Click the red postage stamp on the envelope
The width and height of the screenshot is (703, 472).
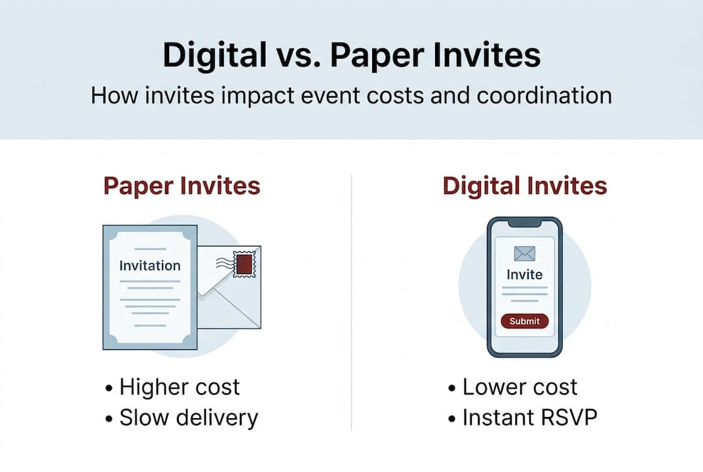(244, 264)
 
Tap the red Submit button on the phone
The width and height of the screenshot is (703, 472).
(525, 321)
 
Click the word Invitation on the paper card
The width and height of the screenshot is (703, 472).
(150, 265)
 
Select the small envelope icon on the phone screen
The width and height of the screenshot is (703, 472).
(525, 254)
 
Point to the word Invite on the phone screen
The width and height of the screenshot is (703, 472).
(525, 274)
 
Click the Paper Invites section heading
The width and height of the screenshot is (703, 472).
(181, 186)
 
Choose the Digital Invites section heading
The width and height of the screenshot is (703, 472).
(525, 186)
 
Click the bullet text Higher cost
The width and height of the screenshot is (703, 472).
(180, 387)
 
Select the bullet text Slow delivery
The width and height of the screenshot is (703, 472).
(189, 418)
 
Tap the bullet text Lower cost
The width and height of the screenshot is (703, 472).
(520, 387)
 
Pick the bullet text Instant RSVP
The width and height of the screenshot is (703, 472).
(530, 418)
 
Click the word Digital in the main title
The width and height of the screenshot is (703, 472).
(214, 56)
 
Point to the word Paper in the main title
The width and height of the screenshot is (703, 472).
(377, 56)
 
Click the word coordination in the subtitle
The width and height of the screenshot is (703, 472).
(544, 96)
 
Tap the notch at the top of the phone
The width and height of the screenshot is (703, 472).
(525, 223)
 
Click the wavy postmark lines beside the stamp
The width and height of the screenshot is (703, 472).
(225, 264)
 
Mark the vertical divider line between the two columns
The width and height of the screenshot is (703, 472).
(351, 303)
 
